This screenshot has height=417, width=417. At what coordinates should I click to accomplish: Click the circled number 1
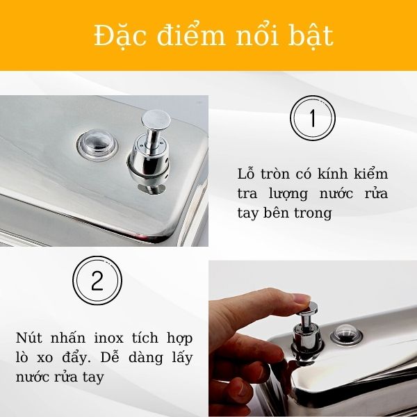(x=312, y=120)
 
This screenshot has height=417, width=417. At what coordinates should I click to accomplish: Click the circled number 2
(x=97, y=281)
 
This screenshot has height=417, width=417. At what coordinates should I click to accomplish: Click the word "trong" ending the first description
(x=314, y=213)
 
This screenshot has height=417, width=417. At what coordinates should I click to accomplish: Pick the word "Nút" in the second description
(x=30, y=338)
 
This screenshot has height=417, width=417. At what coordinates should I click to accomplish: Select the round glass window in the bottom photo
(x=345, y=334)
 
